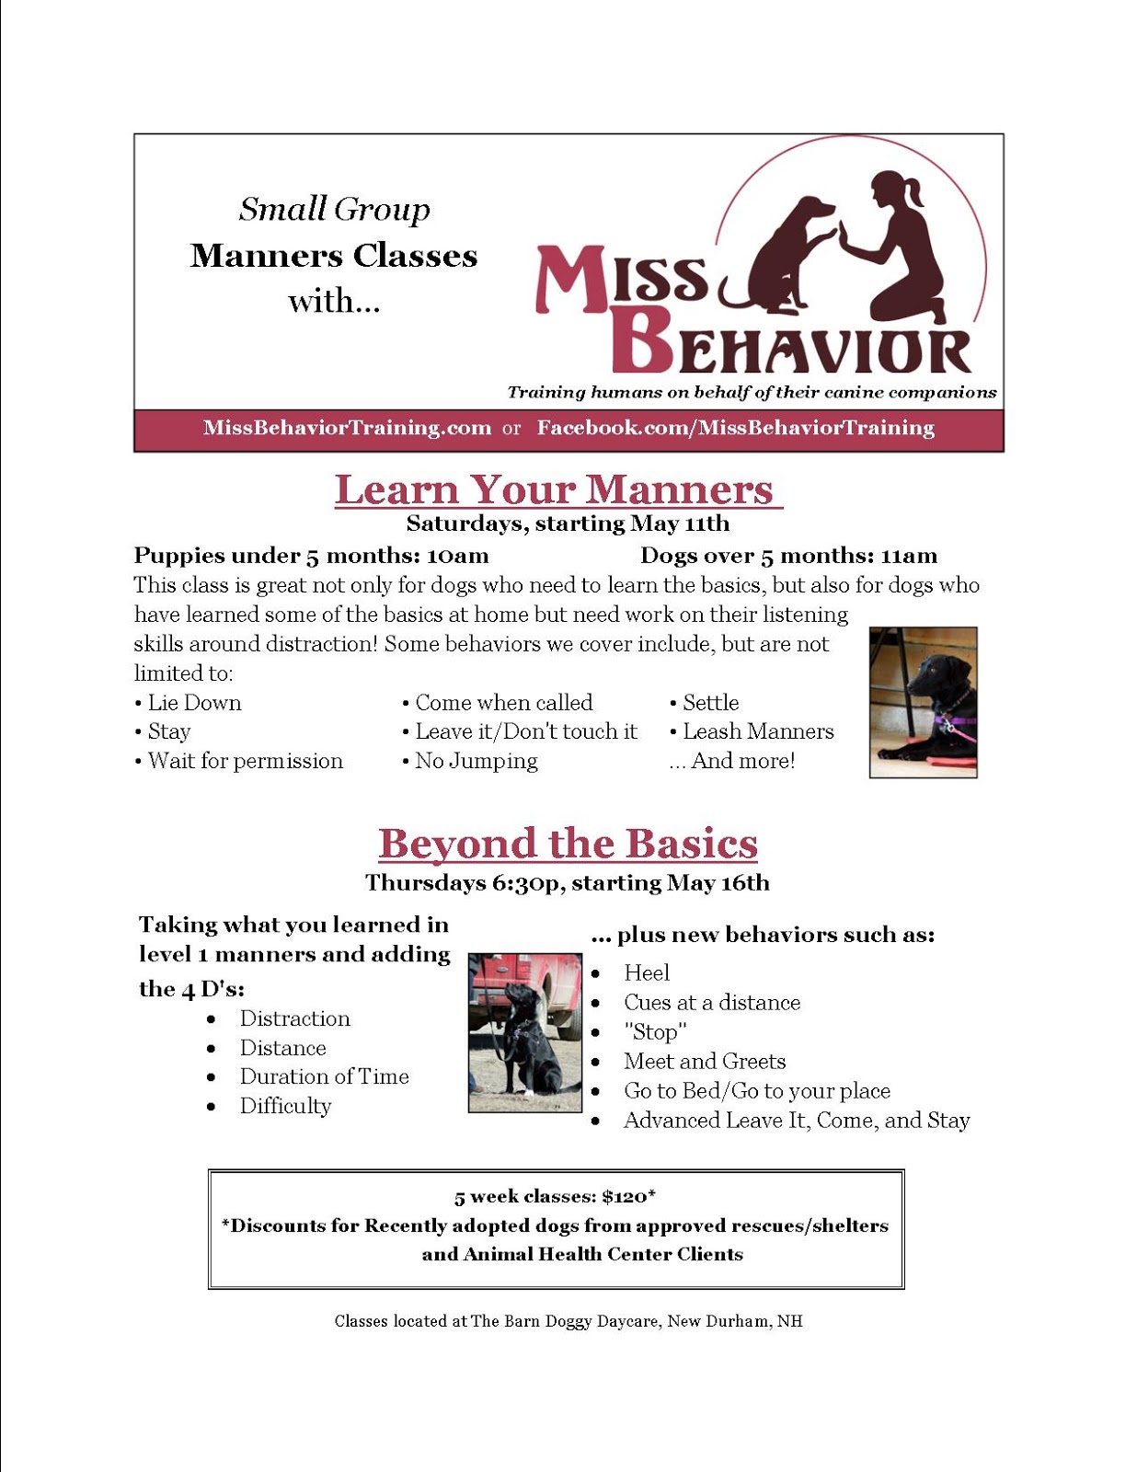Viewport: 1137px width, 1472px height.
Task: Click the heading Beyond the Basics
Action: [x=568, y=843]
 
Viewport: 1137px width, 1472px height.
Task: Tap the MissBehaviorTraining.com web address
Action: [x=347, y=428]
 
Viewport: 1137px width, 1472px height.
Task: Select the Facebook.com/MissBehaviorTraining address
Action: [x=735, y=428]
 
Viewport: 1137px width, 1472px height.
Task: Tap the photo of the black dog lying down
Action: [x=923, y=702]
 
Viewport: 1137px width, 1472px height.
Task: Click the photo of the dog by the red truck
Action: [x=524, y=1032]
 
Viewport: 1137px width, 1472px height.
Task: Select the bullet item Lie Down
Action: [x=194, y=703]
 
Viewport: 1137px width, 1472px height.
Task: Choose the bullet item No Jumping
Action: [x=476, y=761]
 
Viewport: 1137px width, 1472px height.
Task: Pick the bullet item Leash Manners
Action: [x=757, y=731]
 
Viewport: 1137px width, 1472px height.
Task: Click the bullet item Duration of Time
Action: [x=324, y=1076]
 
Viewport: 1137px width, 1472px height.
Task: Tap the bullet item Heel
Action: [x=646, y=972]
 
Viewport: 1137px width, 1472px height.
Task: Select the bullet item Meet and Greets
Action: [x=704, y=1061]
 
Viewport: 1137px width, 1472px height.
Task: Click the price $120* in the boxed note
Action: [x=628, y=1196]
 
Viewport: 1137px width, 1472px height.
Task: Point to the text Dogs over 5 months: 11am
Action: [x=788, y=556]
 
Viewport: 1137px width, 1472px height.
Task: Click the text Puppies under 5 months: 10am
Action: [x=311, y=556]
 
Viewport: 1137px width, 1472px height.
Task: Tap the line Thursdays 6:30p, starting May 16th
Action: [x=567, y=882]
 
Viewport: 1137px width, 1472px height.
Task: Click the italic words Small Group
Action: [x=334, y=210]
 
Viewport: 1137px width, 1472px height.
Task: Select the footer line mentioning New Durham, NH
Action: [x=568, y=1321]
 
